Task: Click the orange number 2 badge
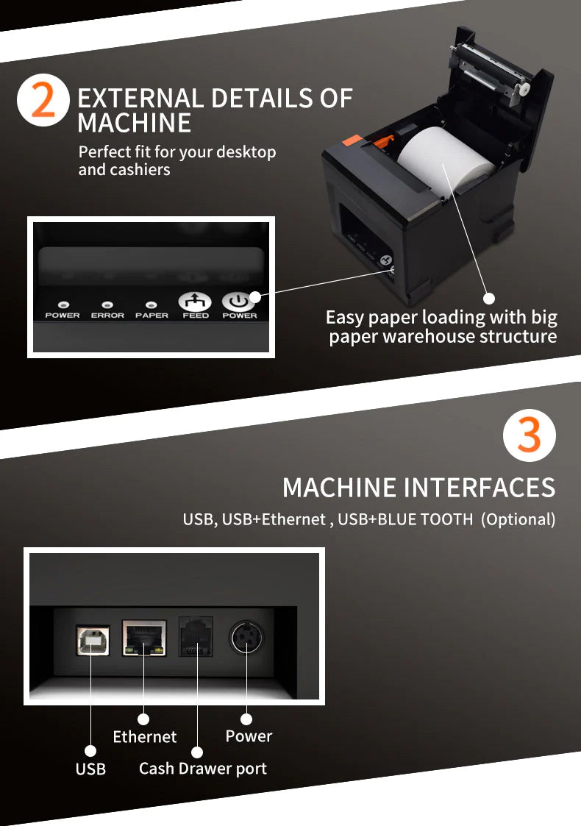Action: coord(43,101)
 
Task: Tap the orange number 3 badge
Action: coord(529,435)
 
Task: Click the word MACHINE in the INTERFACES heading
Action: coord(338,488)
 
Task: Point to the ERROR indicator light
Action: coord(107,304)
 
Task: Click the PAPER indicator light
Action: coord(152,304)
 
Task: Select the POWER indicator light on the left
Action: coord(63,304)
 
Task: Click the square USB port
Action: coord(92,640)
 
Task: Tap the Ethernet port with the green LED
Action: coord(144,637)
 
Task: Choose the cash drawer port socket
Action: coord(196,636)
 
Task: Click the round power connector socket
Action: coord(246,637)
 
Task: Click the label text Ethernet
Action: coord(145,737)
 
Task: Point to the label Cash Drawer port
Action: coord(202,769)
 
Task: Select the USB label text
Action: coord(90,769)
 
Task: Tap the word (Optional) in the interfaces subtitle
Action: coord(518,519)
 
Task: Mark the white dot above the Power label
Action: coord(246,719)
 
